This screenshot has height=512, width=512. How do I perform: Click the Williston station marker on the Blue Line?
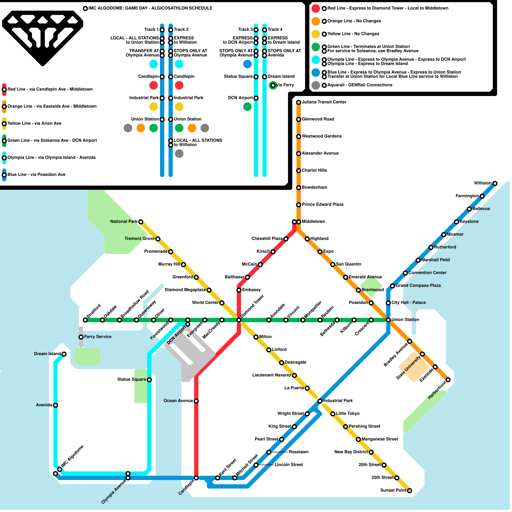point(495,183)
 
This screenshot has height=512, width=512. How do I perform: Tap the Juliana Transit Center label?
point(324,102)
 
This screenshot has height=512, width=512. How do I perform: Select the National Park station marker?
point(140,222)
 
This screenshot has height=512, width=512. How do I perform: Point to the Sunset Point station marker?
point(409,491)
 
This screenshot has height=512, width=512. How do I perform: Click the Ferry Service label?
point(98,337)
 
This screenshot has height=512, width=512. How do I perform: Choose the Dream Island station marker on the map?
point(64,354)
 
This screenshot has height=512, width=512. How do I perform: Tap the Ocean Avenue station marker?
point(196,401)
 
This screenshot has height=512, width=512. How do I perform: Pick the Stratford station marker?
point(85,320)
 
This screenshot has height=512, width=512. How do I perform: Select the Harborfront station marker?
point(448,380)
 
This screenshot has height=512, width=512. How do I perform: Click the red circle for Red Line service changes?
point(316,8)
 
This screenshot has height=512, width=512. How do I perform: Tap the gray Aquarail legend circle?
point(316,85)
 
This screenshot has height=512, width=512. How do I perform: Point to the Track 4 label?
point(275,29)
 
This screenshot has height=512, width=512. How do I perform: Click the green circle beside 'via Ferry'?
point(273,85)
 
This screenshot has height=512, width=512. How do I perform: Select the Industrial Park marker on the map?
point(320,401)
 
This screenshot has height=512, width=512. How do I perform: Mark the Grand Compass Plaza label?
point(418,285)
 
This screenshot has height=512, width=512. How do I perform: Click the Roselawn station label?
point(298,452)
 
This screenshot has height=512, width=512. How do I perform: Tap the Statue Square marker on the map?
point(149,380)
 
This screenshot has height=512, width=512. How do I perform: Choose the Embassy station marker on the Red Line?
point(239,290)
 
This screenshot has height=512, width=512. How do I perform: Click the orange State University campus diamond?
point(413,367)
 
